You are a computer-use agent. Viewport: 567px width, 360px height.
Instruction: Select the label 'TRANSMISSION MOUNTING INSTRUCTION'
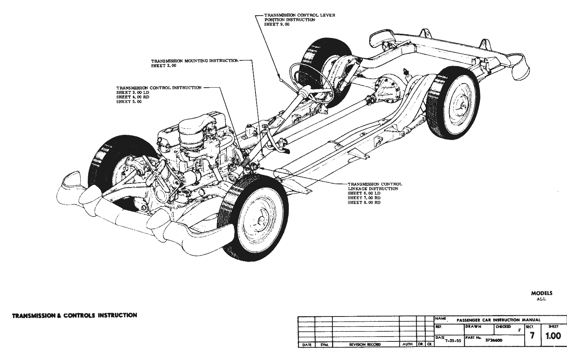[x=194, y=61]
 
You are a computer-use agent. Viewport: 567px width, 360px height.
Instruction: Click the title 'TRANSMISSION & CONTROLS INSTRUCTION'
[x=75, y=315]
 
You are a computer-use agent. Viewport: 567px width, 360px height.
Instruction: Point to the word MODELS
[x=542, y=293]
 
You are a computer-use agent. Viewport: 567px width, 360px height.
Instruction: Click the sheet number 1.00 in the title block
[x=553, y=336]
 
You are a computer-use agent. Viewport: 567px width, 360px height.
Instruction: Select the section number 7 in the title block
[x=532, y=336]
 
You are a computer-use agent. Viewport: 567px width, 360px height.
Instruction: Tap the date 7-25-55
[x=453, y=340]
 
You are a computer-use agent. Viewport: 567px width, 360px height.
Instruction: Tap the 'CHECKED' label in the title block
[x=503, y=327]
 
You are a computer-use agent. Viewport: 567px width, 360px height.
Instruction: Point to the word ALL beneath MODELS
[x=542, y=299]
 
